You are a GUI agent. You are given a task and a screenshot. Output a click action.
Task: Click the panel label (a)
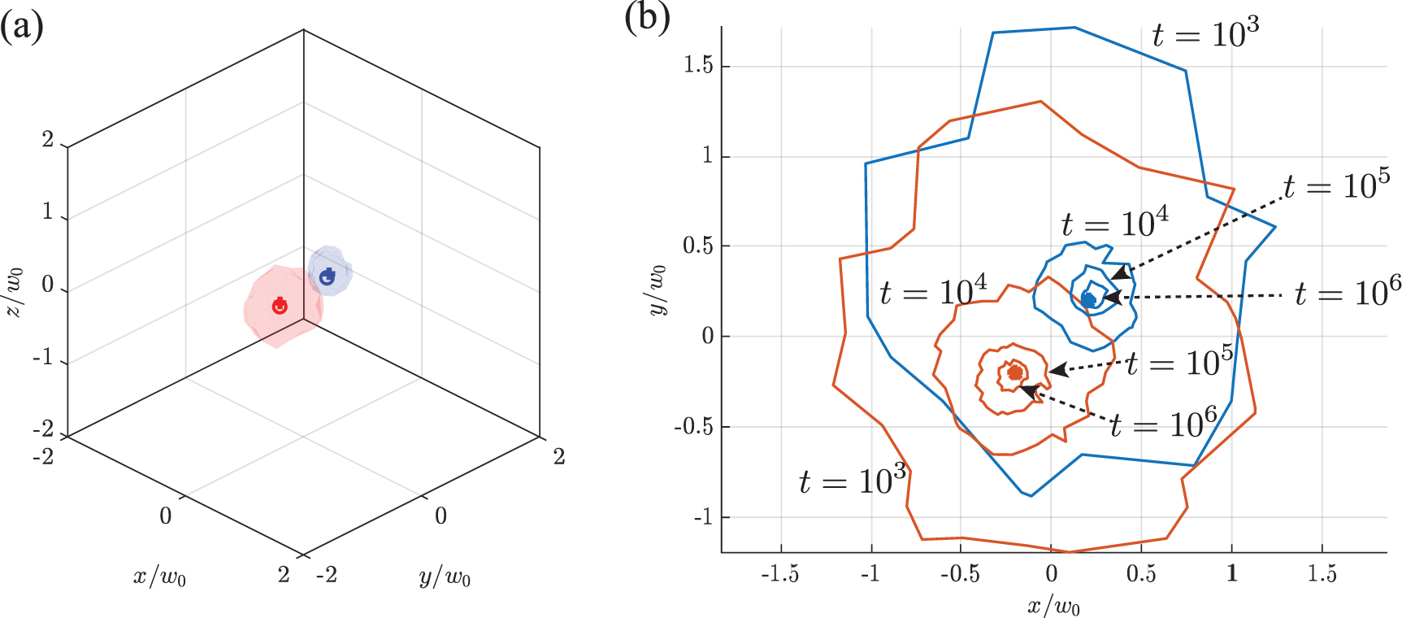pyautogui.click(x=21, y=26)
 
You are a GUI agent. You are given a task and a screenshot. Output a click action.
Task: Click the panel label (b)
pyautogui.click(x=647, y=18)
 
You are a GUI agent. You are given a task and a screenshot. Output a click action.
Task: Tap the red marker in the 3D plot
pyautogui.click(x=280, y=306)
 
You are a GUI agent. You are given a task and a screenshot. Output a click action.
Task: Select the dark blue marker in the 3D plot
pyautogui.click(x=328, y=276)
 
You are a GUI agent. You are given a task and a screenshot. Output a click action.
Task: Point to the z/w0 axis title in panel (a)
pyautogui.click(x=15, y=291)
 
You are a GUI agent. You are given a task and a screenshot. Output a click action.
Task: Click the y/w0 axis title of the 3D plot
pyautogui.click(x=445, y=577)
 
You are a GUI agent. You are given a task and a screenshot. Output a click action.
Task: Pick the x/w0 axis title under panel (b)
pyautogui.click(x=1053, y=606)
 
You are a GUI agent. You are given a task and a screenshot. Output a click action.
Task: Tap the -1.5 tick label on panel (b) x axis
pyautogui.click(x=779, y=574)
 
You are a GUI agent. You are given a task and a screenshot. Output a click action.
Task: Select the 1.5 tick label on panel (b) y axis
pyautogui.click(x=698, y=65)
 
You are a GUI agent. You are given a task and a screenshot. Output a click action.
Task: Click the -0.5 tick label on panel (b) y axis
pyautogui.click(x=693, y=426)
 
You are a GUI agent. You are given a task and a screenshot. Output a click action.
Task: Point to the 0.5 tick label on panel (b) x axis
pyautogui.click(x=1141, y=574)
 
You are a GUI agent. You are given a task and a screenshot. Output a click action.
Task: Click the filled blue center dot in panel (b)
pyautogui.click(x=1088, y=300)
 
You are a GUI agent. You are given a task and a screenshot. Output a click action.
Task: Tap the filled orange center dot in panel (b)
pyautogui.click(x=1014, y=373)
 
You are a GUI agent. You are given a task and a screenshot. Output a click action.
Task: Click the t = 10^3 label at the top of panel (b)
pyautogui.click(x=1205, y=33)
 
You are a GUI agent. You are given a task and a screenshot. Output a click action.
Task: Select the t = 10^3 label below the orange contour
pyautogui.click(x=853, y=481)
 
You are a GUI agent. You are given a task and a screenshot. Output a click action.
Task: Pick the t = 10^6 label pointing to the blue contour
pyautogui.click(x=1348, y=292)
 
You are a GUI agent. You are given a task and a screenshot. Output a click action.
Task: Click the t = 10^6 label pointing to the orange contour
pyautogui.click(x=1164, y=424)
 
